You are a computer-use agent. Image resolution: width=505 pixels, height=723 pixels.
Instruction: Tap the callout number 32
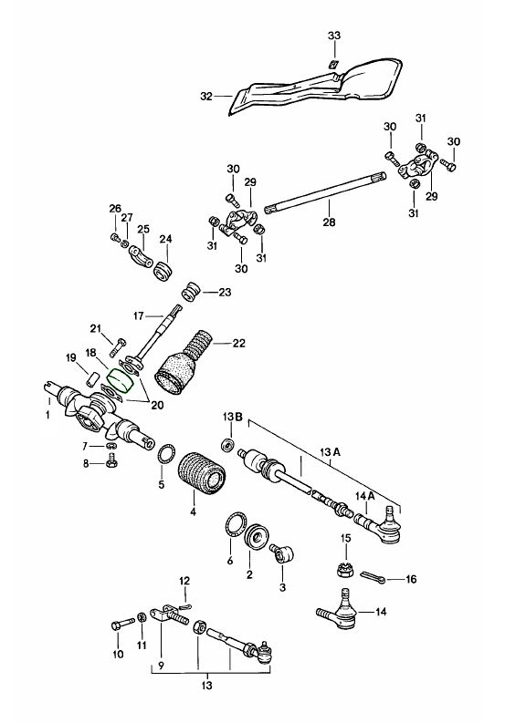click(206, 97)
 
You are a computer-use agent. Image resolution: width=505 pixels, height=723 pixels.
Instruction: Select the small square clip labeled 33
click(333, 65)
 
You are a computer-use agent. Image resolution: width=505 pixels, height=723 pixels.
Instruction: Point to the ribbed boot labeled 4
click(201, 476)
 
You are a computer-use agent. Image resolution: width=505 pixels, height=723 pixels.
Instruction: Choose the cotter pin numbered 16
click(373, 576)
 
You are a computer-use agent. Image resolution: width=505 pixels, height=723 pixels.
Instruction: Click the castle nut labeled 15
click(344, 570)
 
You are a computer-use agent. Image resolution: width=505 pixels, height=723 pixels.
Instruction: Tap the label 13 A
click(331, 453)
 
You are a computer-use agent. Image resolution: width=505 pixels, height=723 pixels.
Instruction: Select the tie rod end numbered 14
click(339, 609)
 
